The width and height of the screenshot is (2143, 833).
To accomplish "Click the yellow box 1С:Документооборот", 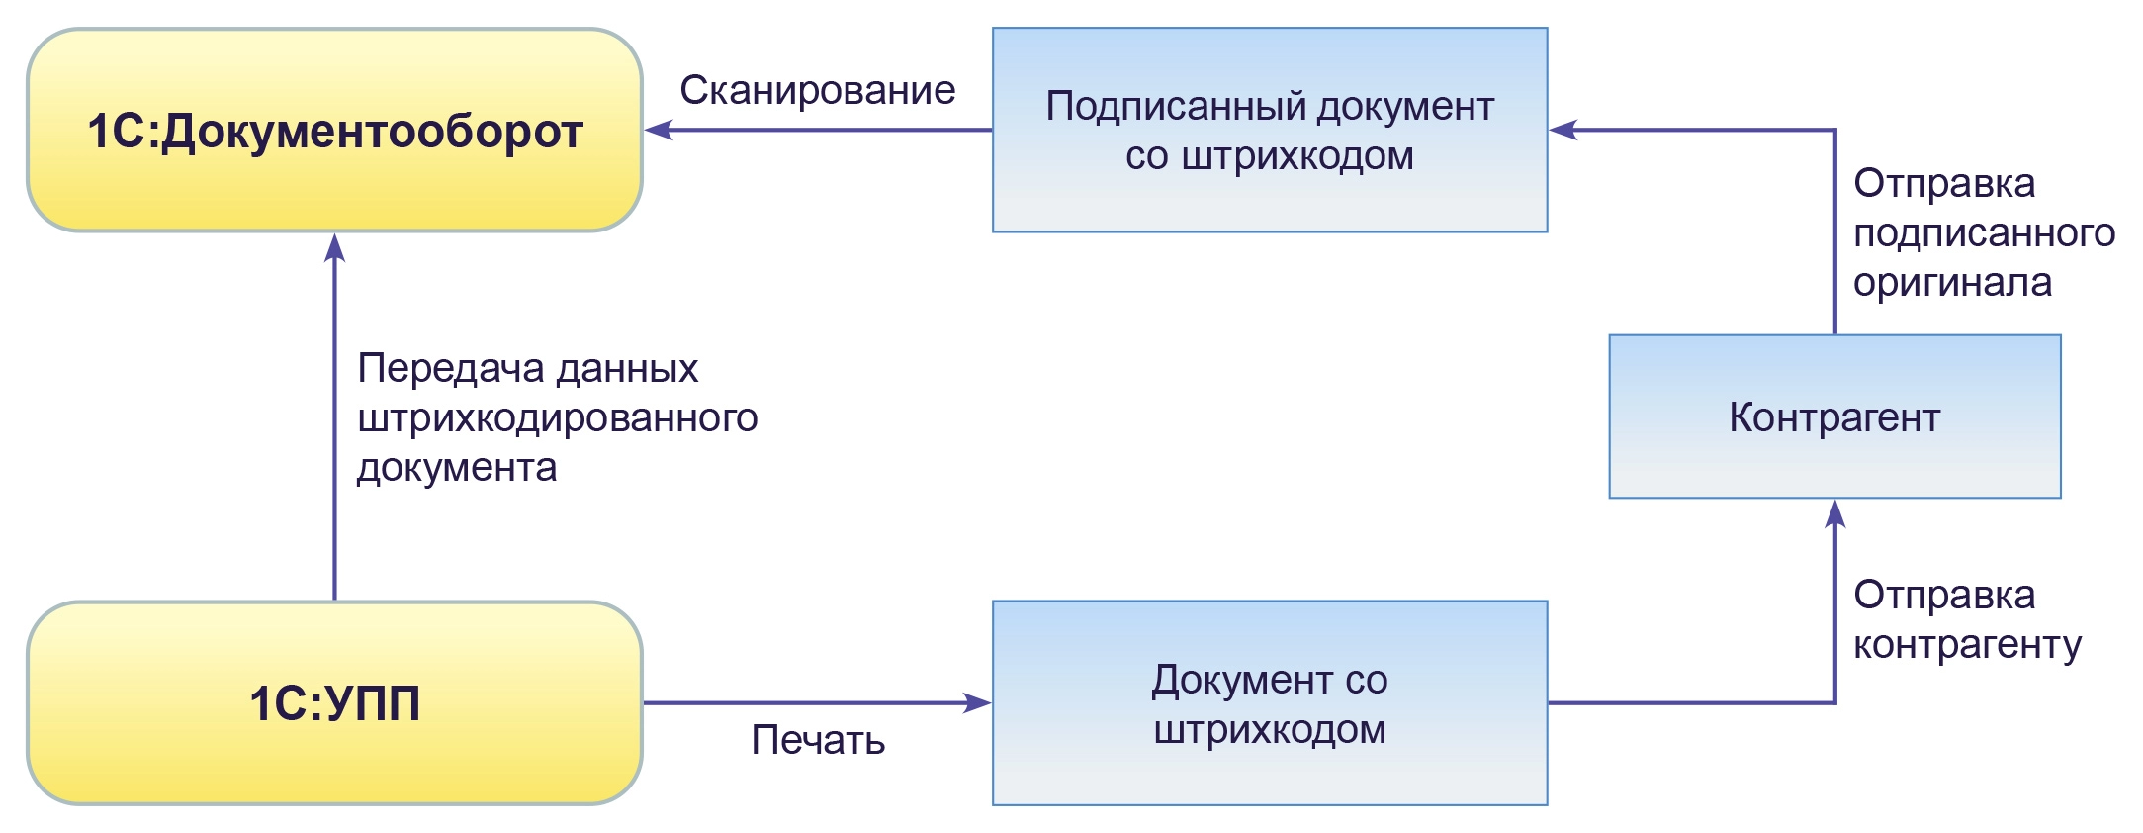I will [x=334, y=130].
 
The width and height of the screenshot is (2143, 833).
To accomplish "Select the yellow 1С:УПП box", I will [x=334, y=702].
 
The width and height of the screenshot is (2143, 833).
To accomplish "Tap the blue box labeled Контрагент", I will [x=1834, y=416].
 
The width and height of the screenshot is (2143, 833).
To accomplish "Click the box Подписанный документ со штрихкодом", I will [x=1269, y=130].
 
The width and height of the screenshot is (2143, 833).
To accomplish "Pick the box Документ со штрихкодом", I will [x=1269, y=703].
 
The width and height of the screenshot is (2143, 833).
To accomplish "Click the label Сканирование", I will [x=817, y=90].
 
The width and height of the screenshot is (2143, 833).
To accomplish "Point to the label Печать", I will [x=818, y=740].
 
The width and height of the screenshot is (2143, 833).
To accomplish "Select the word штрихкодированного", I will [x=557, y=417].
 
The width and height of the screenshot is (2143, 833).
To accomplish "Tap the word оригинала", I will [x=1952, y=283].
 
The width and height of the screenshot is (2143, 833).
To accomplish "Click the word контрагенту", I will [x=1967, y=645].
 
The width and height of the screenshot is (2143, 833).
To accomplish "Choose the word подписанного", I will [x=1984, y=233].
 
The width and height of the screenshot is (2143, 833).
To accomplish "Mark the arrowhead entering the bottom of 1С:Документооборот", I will [x=334, y=247].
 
